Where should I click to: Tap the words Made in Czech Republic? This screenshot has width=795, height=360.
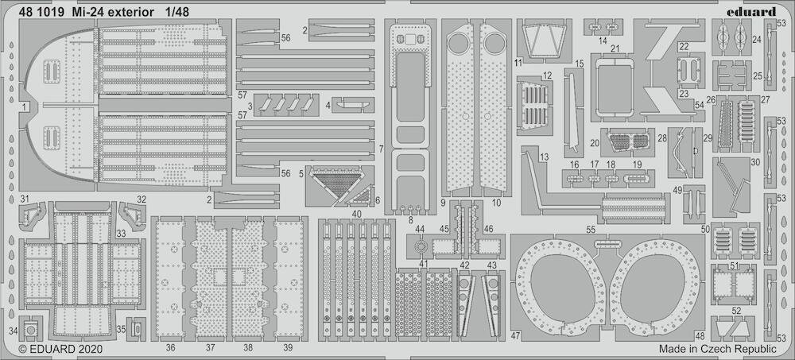click(717, 349)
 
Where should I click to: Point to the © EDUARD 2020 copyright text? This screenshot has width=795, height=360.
click(60, 349)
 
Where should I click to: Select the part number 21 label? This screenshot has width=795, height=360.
click(615, 48)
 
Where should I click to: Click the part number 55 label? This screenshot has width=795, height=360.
click(590, 230)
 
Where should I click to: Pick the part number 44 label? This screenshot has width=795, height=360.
click(419, 229)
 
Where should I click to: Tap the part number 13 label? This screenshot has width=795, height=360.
click(544, 157)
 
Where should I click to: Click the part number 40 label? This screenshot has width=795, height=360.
click(356, 214)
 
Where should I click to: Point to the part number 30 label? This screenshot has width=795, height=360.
click(755, 162)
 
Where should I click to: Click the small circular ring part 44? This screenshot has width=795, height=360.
click(419, 247)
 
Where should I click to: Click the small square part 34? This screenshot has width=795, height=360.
click(31, 330)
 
